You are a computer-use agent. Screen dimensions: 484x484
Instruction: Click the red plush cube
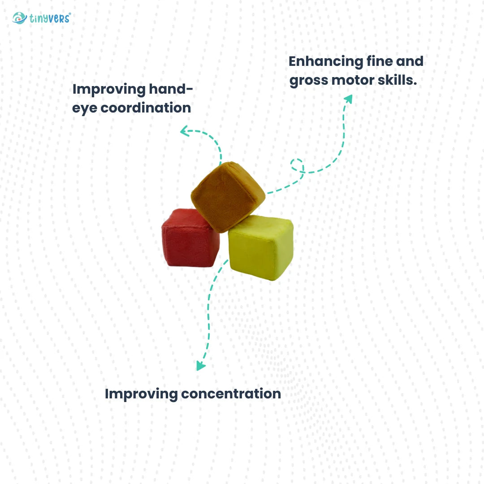pos(190,238)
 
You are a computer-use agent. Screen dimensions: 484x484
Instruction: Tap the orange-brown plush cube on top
pos(228,197)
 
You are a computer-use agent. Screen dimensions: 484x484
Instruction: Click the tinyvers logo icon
pos(19,18)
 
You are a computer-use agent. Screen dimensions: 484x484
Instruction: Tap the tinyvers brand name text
pos(50,18)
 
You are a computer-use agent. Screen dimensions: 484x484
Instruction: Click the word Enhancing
pos(326,62)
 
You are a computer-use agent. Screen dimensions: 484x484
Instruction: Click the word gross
pos(309,81)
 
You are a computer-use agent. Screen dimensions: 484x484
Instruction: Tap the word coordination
pos(146,108)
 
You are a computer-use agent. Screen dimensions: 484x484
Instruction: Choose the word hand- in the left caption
pos(171,89)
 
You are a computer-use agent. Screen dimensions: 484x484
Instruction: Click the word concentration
pos(231,394)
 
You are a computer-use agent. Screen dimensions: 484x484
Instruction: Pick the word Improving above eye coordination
pos(109,90)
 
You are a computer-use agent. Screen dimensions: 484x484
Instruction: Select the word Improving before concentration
pos(141,394)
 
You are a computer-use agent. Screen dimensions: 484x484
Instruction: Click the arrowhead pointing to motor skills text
pos(349,99)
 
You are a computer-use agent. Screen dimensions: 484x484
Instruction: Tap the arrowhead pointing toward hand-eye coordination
pos(184,131)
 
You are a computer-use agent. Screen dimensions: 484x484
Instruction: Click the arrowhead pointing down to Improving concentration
pos(201,366)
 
